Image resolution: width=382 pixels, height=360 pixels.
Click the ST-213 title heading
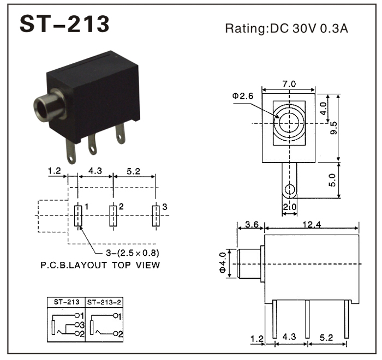(64, 24)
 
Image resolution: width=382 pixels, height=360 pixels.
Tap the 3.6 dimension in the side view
(252, 224)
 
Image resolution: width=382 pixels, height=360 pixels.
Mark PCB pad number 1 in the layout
(78, 216)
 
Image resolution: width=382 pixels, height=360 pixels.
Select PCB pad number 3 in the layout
(156, 216)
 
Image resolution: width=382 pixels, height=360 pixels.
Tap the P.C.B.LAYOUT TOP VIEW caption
(100, 266)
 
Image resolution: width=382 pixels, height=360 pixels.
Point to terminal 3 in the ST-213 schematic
(79, 325)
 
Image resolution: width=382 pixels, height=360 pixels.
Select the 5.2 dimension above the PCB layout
(133, 171)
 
